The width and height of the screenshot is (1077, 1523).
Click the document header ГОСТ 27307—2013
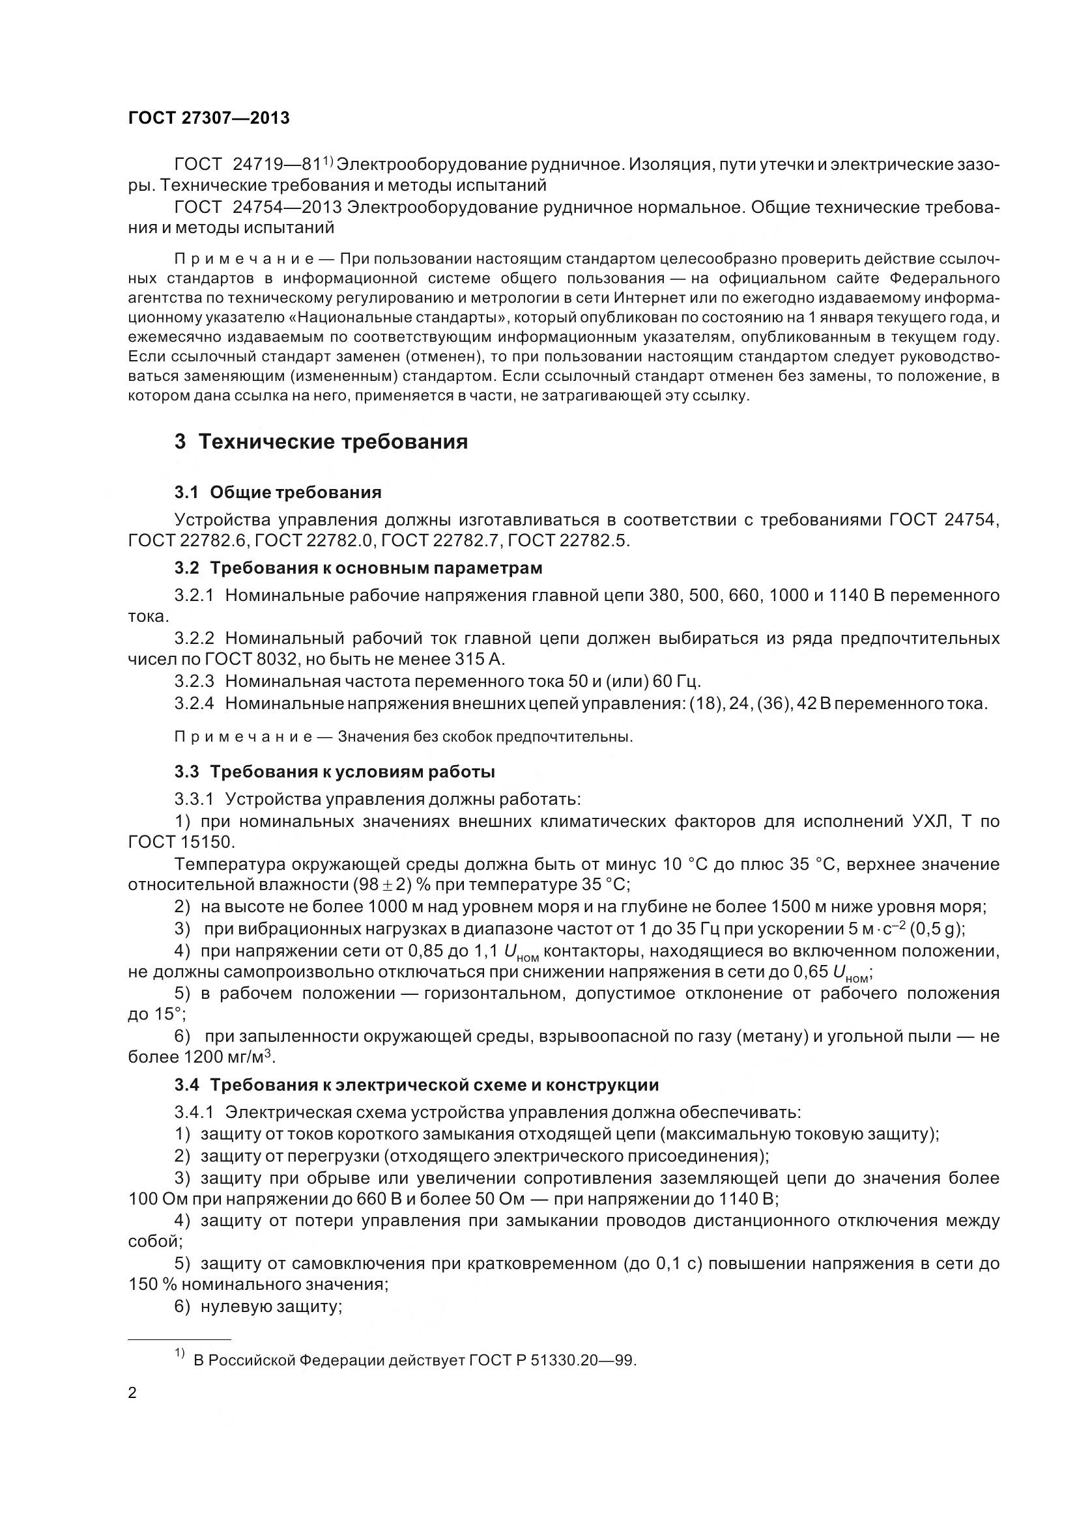[208, 118]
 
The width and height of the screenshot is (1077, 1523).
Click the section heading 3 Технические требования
[321, 441]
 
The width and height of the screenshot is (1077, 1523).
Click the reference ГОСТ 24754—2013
[258, 208]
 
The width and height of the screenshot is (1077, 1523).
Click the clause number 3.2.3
[194, 681]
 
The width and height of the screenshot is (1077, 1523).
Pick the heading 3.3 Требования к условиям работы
[334, 772]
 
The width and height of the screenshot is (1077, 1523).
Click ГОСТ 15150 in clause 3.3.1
[180, 843]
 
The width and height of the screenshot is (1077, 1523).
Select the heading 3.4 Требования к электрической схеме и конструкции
[416, 1085]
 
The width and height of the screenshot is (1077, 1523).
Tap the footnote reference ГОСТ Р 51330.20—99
[552, 1360]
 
